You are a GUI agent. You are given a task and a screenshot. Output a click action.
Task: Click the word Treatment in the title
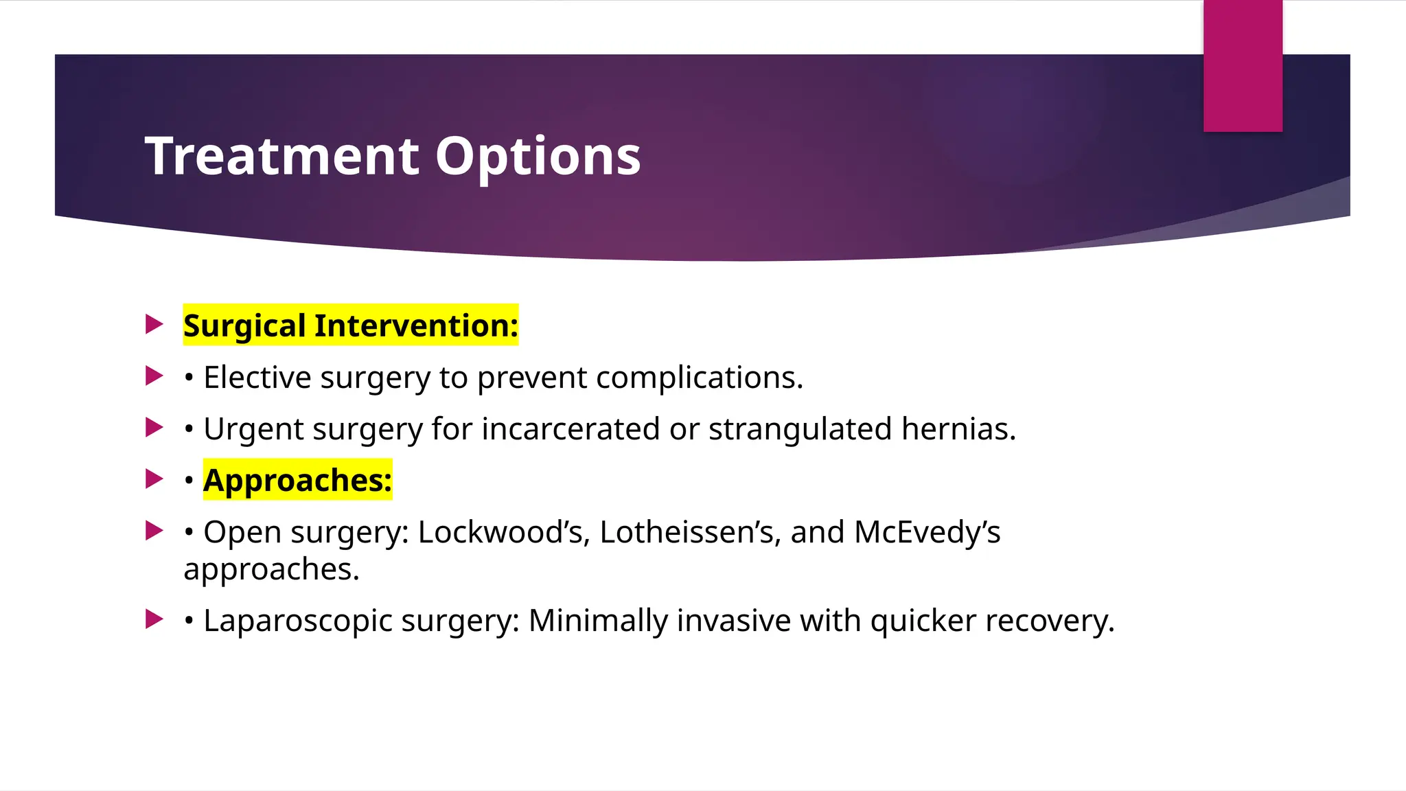click(281, 157)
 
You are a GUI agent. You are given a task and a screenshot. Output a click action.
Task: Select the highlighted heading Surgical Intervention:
click(350, 325)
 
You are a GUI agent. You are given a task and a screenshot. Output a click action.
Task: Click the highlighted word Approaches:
click(297, 480)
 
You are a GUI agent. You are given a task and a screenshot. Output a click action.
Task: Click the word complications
click(699, 378)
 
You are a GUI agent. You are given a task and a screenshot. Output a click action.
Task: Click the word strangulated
click(800, 429)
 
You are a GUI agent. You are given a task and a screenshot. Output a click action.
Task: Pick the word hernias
click(958, 429)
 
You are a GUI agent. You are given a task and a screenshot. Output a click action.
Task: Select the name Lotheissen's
click(690, 532)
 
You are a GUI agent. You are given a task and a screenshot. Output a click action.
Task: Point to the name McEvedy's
click(927, 532)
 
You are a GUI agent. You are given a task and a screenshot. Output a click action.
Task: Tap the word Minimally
click(598, 621)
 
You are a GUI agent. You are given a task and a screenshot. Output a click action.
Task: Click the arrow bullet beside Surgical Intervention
click(154, 324)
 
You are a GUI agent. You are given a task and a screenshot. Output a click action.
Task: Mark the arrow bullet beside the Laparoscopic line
click(154, 619)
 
